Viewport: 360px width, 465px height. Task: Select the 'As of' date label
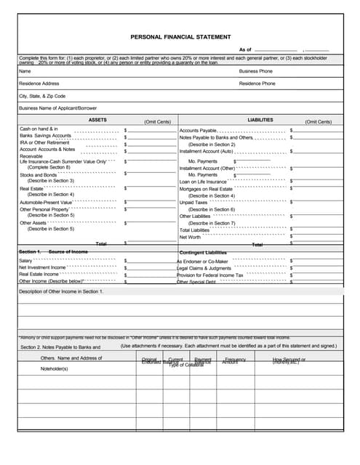[x=244, y=49]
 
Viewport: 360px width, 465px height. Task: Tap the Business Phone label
[x=255, y=71]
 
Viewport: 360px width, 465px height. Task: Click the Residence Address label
[x=39, y=84]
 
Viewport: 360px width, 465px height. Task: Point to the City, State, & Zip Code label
[x=42, y=96]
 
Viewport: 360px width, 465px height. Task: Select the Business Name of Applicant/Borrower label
[x=57, y=108]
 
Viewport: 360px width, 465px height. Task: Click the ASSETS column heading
[x=97, y=120]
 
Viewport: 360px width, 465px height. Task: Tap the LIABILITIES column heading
[x=260, y=120]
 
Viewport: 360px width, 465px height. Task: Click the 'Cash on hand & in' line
[x=39, y=129]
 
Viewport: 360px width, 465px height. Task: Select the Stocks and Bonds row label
[x=38, y=174]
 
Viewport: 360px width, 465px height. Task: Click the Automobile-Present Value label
[x=46, y=202]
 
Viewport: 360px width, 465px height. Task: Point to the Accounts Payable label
[x=198, y=130]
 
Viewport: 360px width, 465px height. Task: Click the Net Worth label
[x=190, y=237]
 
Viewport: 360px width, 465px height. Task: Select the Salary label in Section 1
[x=25, y=260]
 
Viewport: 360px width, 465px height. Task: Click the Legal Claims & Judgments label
[x=205, y=267]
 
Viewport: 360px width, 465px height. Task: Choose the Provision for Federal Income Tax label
[x=210, y=275]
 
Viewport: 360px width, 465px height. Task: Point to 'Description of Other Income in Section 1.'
[x=61, y=291]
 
